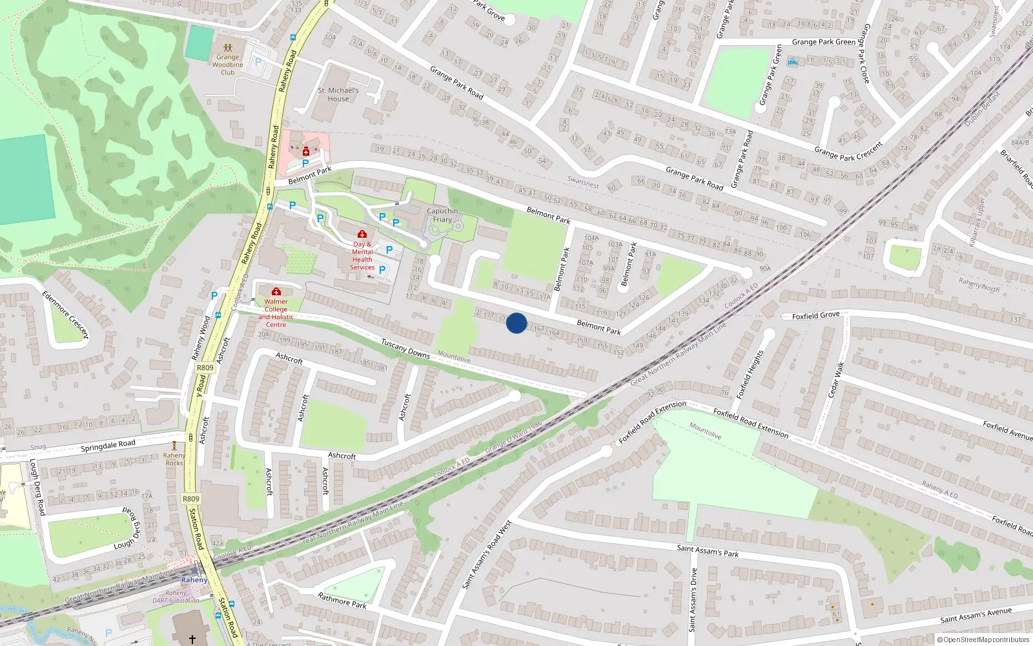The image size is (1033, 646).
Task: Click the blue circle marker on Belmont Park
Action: pos(516,323)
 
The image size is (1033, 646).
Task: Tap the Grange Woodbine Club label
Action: pos(227,65)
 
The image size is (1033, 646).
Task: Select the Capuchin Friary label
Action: pos(442,215)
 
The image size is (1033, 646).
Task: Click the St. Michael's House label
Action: pos(338,94)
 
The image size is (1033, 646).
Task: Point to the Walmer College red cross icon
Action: pos(276,292)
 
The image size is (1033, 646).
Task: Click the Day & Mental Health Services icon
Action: pos(362,234)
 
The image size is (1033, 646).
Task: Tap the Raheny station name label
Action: pos(194,579)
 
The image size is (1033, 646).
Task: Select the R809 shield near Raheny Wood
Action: pos(205,368)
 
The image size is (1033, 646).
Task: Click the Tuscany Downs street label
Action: pos(405,349)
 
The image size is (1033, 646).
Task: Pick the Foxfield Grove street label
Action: pos(815,315)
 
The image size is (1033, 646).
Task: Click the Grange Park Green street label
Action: pos(823,42)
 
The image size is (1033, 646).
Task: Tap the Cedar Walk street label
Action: pos(835,380)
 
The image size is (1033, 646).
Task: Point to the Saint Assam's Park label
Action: pos(707,550)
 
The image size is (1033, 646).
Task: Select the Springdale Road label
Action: pos(108,445)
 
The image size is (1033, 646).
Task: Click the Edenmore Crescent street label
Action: pos(65,314)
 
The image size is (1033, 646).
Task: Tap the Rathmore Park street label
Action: pos(342,601)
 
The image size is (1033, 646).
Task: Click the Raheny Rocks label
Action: pos(174,459)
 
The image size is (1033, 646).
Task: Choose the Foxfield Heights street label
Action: pos(750,374)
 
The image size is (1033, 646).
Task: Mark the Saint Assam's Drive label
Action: pos(693,599)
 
